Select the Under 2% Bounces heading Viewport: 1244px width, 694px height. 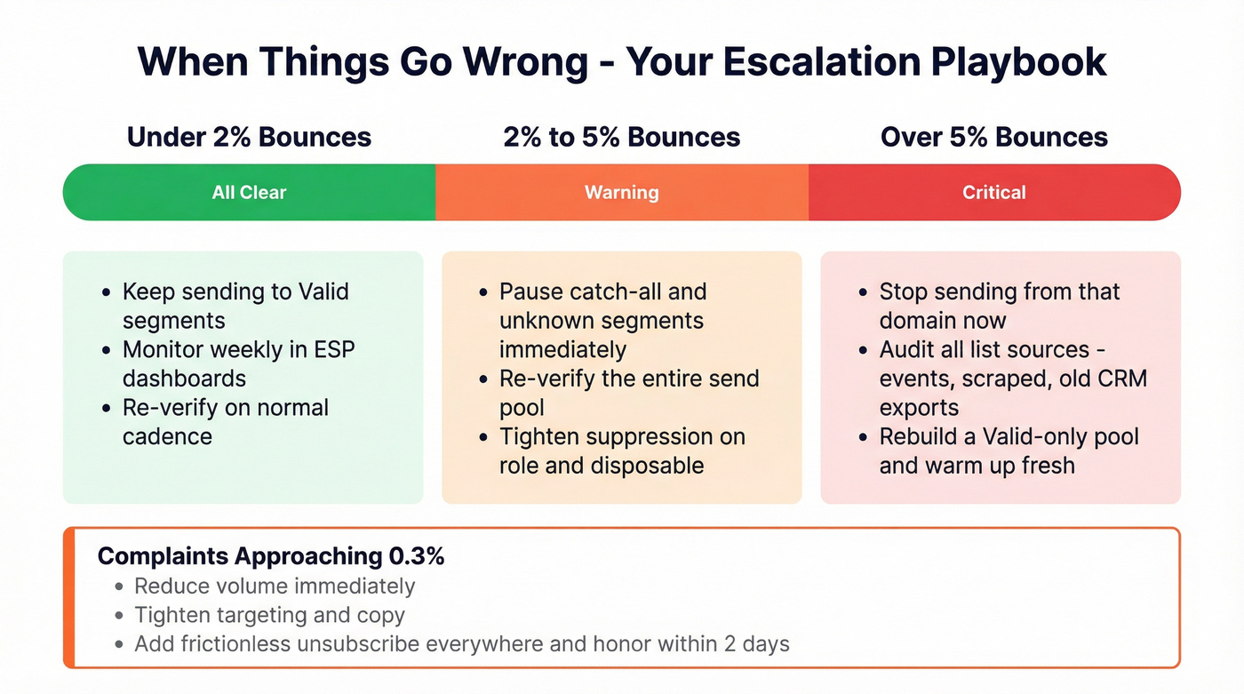click(x=249, y=137)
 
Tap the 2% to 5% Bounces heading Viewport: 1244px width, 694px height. click(x=621, y=137)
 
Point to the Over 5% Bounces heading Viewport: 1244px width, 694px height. click(x=993, y=137)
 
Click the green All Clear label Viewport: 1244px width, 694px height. click(x=249, y=192)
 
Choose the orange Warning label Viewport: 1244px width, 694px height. click(x=621, y=192)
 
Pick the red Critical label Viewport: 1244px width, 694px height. click(x=993, y=192)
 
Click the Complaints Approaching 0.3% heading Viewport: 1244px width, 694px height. click(x=271, y=556)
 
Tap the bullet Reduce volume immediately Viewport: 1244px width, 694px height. click(x=275, y=586)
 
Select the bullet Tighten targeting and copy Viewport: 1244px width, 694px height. click(x=269, y=615)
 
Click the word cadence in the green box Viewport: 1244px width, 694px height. click(x=167, y=436)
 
